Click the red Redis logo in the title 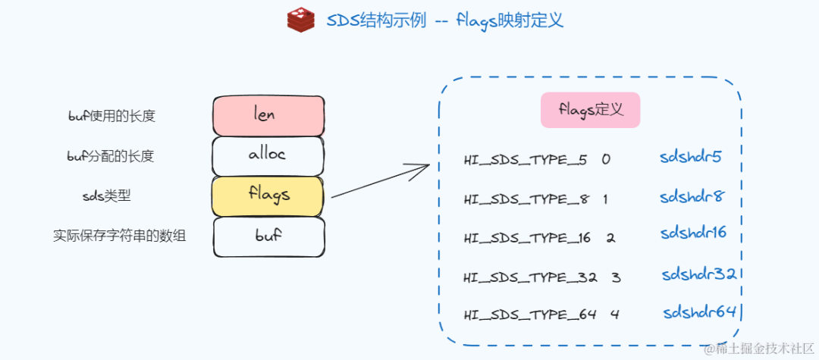301,20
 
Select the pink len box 268,116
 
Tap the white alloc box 268,155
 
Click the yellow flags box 268,196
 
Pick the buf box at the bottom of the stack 268,236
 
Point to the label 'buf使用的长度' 112,116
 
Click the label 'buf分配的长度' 111,156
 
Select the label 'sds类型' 106,196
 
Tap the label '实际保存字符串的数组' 120,236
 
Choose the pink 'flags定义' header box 590,110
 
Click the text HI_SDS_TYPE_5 525,161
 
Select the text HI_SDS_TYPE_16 527,238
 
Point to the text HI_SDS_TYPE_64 530,315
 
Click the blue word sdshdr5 690,158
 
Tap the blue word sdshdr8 692,197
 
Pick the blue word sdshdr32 698,274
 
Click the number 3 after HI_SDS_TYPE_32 616,277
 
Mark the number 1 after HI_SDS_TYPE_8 605,199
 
